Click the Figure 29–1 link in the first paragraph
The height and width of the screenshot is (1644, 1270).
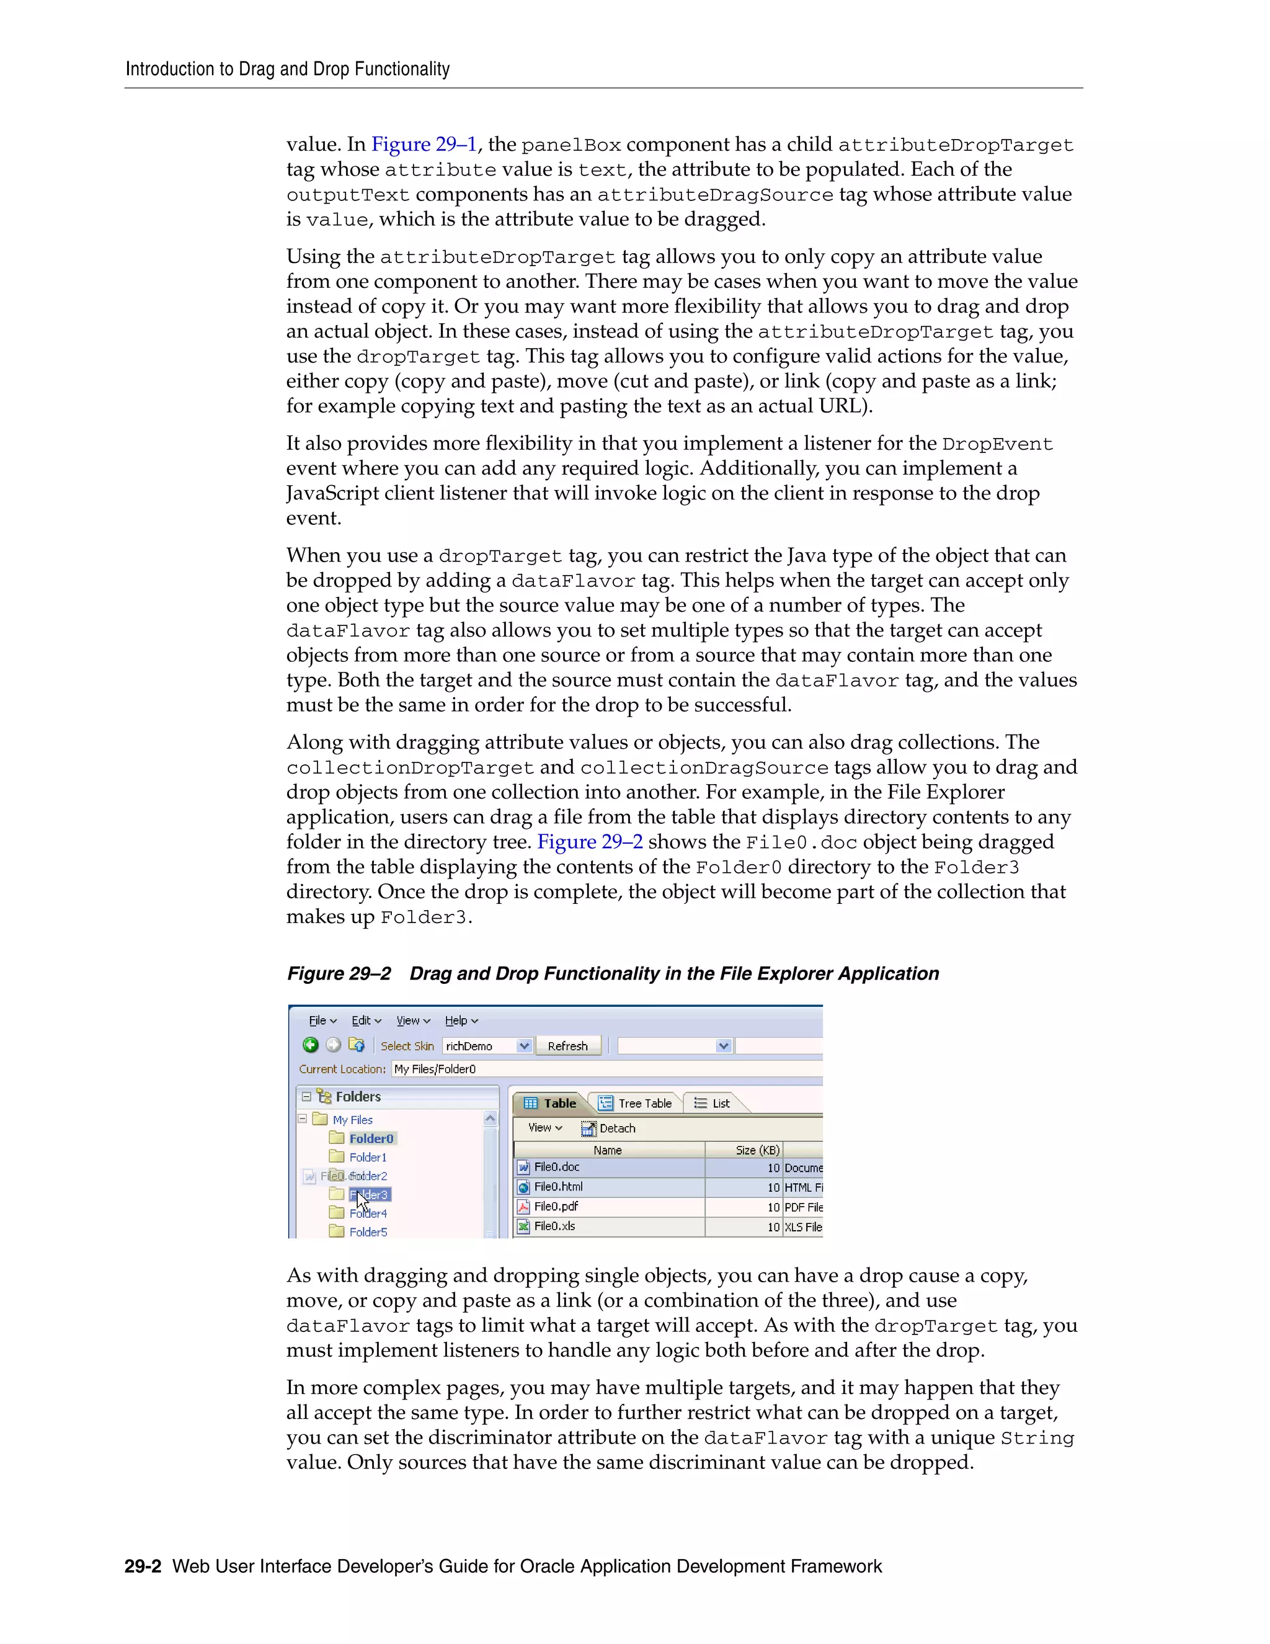coord(424,145)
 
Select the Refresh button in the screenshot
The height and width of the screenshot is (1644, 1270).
coord(567,1045)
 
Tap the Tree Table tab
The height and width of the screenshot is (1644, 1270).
coord(636,1103)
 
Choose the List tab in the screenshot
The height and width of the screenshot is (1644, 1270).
coord(713,1103)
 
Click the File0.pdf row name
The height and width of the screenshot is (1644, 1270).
coord(556,1207)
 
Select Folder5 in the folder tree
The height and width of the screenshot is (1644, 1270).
coord(368,1232)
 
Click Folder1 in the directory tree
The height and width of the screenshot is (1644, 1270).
coord(367,1157)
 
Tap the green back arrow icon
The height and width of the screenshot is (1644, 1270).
coord(310,1045)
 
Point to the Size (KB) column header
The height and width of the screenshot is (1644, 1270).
coord(757,1150)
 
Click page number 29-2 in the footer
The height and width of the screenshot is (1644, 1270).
coord(143,1566)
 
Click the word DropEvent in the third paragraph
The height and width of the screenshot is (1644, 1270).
coord(997,444)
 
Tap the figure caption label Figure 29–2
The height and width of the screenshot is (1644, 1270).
coord(339,973)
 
